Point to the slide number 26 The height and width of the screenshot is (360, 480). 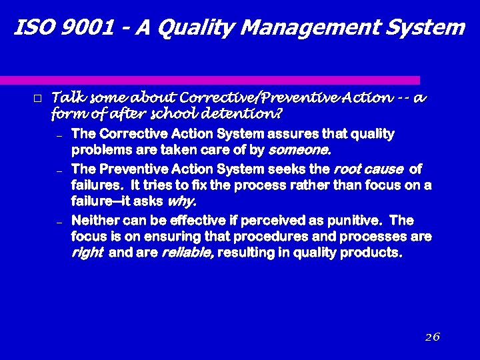[x=432, y=337]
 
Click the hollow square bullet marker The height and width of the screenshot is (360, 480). [x=37, y=99]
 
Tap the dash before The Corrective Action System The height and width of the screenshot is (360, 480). [x=59, y=135]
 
